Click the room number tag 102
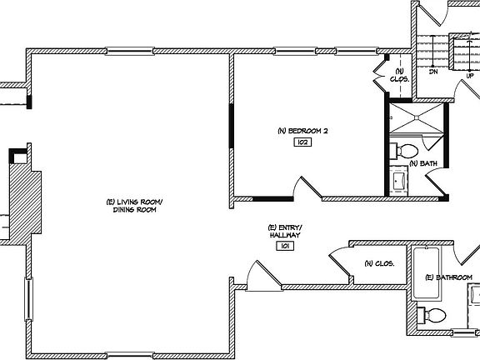pos(301,142)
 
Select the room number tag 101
pos(284,246)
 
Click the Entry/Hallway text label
pos(284,232)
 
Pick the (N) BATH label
pos(422,163)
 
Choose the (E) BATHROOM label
pos(448,277)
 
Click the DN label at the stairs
pos(433,72)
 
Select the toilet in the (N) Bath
pos(406,152)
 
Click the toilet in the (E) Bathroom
pos(432,316)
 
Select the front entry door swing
pos(258,275)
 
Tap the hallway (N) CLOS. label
pos(378,263)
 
